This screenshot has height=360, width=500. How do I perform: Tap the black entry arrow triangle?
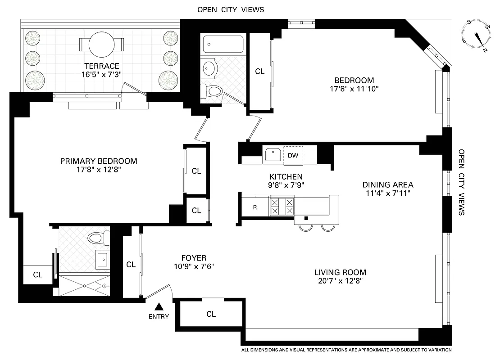click(159, 307)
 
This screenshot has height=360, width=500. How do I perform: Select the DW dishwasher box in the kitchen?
click(293, 155)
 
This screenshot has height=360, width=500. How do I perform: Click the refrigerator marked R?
click(255, 207)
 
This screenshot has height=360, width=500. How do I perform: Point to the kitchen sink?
click(272, 155)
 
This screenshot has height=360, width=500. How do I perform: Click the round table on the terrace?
click(101, 45)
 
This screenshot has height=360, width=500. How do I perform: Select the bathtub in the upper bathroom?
click(223, 45)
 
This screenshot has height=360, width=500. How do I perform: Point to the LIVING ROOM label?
click(340, 272)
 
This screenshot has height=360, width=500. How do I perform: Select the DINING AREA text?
click(388, 184)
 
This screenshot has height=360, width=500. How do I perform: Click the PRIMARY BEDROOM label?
click(99, 161)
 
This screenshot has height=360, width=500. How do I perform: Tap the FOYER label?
click(194, 258)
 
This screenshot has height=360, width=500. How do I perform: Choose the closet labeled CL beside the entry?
click(211, 314)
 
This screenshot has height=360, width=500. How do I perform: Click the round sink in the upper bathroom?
click(210, 68)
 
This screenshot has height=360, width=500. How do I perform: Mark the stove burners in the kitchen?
click(282, 207)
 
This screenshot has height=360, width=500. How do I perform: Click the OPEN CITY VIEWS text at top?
click(231, 9)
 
